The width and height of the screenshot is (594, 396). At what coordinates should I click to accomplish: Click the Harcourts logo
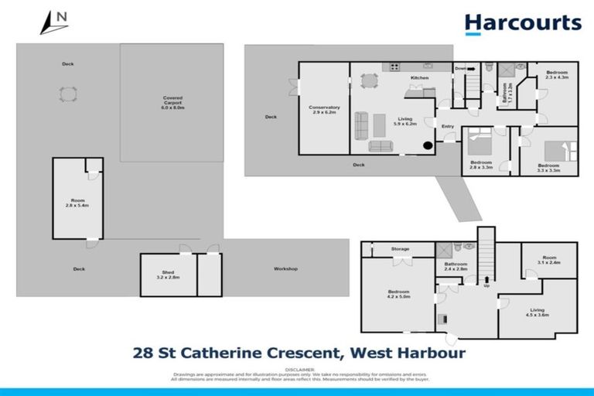pos(523,23)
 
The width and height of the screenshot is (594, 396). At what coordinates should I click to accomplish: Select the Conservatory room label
pos(324,110)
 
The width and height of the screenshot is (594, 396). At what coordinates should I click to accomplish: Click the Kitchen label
pos(419,78)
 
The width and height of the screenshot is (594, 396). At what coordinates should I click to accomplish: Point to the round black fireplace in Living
pos(426,145)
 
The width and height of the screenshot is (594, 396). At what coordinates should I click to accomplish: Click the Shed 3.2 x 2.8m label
pos(168,274)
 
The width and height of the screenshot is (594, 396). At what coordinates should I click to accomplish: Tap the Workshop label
pos(285,269)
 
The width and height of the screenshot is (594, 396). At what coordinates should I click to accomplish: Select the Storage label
pos(400,249)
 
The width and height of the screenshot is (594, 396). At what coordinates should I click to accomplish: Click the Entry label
pos(448,126)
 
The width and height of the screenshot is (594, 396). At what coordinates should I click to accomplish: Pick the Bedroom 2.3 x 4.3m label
pos(557,75)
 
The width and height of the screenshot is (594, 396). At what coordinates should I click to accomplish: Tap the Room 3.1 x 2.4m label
pos(549,260)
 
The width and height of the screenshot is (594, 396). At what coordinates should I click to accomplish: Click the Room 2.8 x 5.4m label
pos(77,203)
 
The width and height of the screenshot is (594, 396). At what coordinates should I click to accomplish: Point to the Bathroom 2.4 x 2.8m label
pos(456,267)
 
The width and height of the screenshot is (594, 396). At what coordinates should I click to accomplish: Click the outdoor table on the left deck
pos(68,94)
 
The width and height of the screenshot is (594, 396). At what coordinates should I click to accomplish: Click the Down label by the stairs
pos(460,68)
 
